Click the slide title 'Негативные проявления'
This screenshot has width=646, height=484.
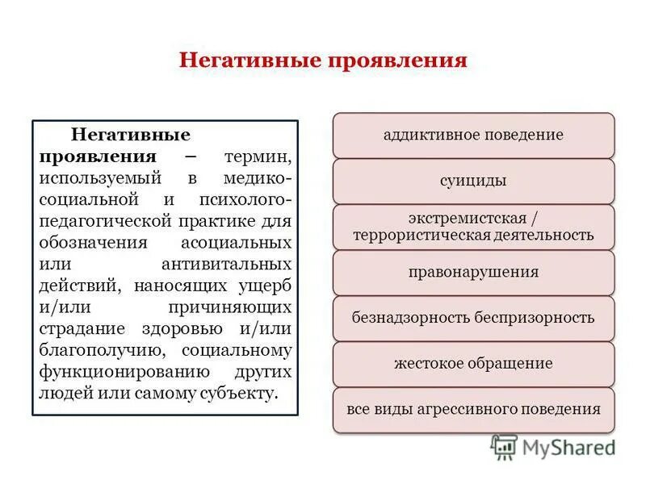[x=323, y=61]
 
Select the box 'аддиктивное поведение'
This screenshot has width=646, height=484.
[x=473, y=135]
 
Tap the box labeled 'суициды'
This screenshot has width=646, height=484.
[x=473, y=181]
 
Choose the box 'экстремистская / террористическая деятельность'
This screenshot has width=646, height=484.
[x=473, y=227]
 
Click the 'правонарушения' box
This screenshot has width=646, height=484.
[x=473, y=272]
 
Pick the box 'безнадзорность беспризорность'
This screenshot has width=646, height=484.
[x=473, y=317]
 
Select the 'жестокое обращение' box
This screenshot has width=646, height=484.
[x=473, y=363]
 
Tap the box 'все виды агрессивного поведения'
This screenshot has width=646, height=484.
[x=473, y=409]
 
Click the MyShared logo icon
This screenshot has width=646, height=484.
[x=504, y=446]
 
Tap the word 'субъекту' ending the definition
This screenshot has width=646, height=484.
[x=241, y=394]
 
